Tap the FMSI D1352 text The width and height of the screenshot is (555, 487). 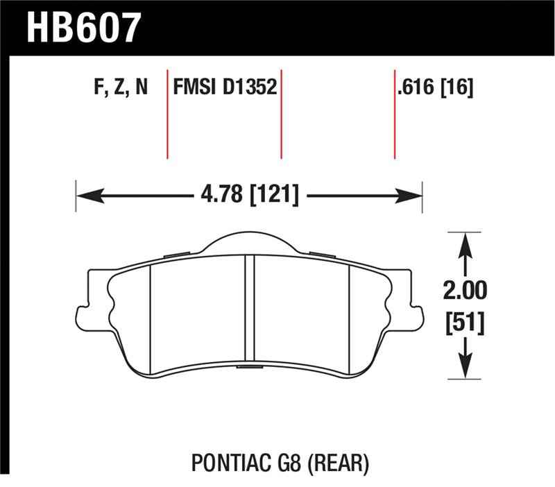pos(225,88)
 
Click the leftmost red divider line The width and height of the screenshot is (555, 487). pos(168,114)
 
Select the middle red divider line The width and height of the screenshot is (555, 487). pos(282,114)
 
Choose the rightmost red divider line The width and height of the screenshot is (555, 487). pos(395,114)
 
